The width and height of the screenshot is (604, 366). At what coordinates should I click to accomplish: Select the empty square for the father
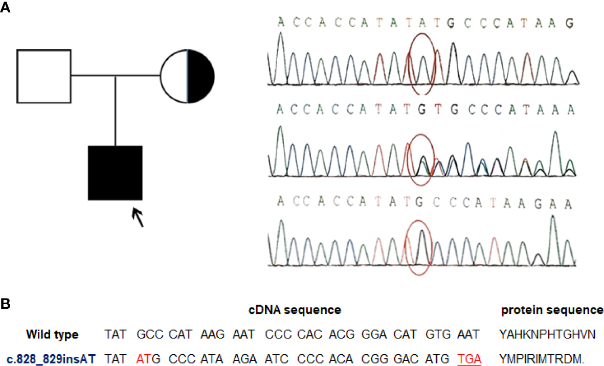pos(43,76)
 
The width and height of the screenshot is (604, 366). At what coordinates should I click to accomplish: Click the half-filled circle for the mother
pos(187,76)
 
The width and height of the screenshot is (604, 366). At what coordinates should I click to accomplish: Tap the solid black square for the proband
pos(115,173)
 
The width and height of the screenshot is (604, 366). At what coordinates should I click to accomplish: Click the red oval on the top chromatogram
pos(422,63)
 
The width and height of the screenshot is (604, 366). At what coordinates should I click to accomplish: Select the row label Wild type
pos(53,335)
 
